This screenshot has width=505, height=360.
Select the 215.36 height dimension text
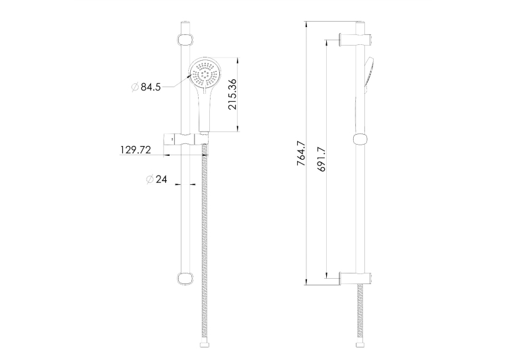coord(232,94)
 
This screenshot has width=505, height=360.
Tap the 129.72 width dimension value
coord(135,150)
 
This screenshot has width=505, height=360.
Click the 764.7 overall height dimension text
coord(301,153)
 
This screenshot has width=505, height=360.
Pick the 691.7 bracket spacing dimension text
coord(321,159)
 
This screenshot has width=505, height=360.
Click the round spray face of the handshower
coord(205,73)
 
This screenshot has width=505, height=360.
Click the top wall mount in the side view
coord(356,40)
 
